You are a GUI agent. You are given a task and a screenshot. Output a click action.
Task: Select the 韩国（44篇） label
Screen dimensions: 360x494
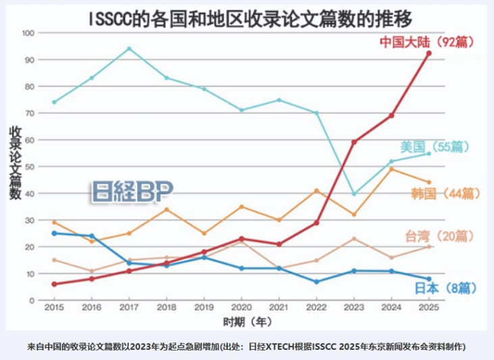click(445, 194)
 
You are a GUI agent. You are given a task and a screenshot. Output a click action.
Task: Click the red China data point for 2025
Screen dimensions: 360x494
click(428, 53)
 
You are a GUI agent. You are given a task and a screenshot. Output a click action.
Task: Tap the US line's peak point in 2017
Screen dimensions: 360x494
click(129, 49)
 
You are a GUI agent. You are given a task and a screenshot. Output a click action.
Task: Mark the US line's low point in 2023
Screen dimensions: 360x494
click(353, 194)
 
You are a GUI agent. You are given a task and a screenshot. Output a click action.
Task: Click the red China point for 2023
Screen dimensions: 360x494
click(353, 142)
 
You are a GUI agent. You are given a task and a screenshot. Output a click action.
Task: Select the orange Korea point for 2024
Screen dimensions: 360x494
click(391, 169)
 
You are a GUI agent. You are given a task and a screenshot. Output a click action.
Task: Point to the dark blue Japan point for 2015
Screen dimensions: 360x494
click(54, 233)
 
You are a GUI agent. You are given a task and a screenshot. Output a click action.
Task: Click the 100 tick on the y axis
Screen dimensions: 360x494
click(28, 32)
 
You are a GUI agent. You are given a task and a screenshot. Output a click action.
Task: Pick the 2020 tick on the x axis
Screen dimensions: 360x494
click(241, 307)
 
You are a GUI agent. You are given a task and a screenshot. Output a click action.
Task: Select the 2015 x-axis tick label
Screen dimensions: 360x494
click(54, 307)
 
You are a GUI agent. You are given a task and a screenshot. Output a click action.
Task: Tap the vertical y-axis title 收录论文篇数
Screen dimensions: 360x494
click(14, 162)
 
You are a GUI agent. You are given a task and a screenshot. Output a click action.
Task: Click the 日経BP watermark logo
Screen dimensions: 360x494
click(132, 191)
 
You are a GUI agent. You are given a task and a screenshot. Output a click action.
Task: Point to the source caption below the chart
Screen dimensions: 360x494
click(247, 346)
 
